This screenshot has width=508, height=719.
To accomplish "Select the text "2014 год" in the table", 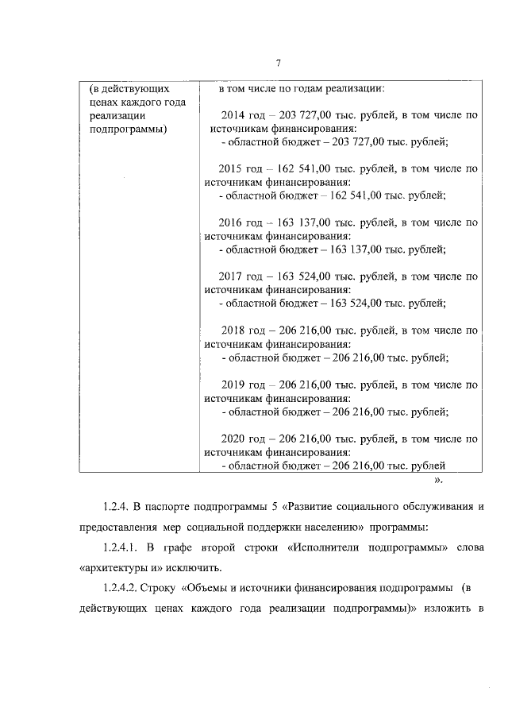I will (x=243, y=115).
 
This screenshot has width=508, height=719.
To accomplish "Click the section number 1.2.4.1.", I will (x=122, y=547).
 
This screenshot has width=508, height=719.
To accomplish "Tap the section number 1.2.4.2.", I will (x=122, y=589).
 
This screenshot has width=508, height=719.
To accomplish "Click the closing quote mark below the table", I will (x=438, y=481).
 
